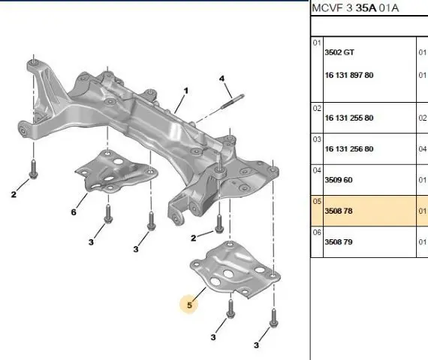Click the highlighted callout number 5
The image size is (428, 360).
(189, 305)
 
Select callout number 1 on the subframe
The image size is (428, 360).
(186, 91)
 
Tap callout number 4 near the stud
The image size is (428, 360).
(222, 79)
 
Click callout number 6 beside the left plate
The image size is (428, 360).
(74, 212)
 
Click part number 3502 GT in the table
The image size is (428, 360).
(339, 52)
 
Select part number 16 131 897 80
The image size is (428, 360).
(349, 75)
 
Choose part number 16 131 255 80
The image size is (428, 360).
(349, 118)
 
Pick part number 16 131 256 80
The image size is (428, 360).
(349, 149)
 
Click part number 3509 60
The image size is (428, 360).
(339, 180)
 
